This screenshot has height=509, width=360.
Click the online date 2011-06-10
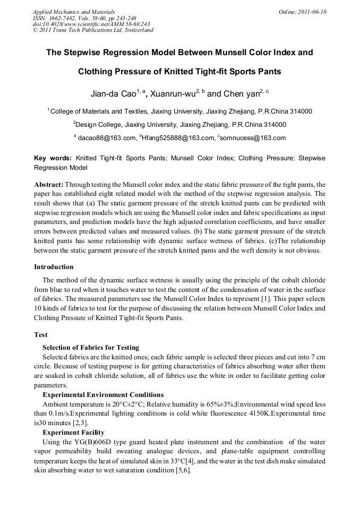tap(312, 12)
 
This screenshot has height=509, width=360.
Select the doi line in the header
tap(91, 24)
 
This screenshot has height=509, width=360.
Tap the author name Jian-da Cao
tap(113, 94)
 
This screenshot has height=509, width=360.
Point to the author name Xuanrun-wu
tap(173, 94)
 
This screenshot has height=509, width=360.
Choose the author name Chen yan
tap(241, 94)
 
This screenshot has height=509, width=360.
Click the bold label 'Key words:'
tap(53, 158)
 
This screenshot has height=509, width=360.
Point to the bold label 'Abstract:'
tap(49, 184)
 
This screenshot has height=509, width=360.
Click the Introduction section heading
tap(54, 267)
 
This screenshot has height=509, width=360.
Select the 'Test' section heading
tap(41, 335)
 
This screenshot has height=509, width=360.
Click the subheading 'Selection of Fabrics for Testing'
tap(91, 347)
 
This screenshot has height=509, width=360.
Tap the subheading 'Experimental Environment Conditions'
tap(103, 395)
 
